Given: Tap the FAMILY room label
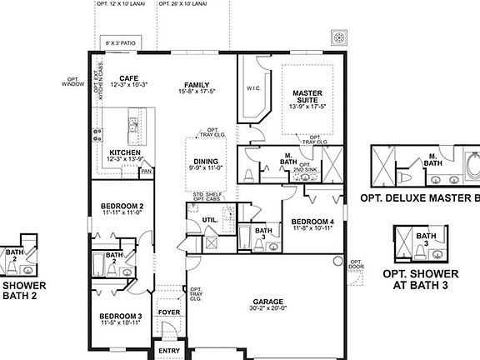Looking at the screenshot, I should tap(197, 84).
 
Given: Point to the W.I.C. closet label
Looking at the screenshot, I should tap(253, 87).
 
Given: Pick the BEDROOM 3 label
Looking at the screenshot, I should tap(120, 316).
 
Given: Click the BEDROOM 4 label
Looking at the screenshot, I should tap(312, 222).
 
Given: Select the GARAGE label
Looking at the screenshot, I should tap(269, 302).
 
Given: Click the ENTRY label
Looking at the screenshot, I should tap(169, 350).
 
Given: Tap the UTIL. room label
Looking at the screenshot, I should tap(209, 220).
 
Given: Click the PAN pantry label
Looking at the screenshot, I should tap(145, 172).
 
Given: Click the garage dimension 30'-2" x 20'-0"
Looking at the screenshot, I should tap(269, 309).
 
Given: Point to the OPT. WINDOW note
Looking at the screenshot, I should tap(72, 82).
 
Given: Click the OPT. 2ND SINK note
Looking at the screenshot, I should tap(304, 167).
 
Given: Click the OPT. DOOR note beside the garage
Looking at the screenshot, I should tap(356, 266).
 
